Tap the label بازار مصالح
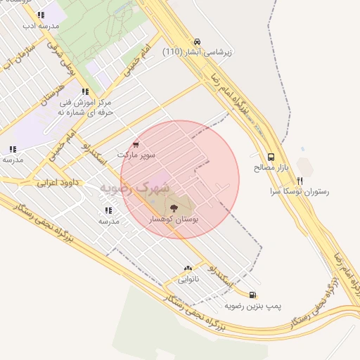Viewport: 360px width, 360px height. tap(271, 169)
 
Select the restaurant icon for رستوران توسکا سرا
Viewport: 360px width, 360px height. tap(300, 180)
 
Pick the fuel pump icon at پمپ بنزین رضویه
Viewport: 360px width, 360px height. tap(252, 295)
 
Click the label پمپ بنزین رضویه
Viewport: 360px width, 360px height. tap(252, 307)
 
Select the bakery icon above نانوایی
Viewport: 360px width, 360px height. tap(188, 269)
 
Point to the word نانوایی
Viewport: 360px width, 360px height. tap(188, 279)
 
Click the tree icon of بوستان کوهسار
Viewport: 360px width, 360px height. tap(174, 208)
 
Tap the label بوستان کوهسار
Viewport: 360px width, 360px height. tap(174, 220)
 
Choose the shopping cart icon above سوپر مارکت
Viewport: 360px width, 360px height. tap(136, 143)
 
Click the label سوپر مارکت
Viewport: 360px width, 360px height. tap(136, 153)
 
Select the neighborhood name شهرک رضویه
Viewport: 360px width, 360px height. tap(134, 188)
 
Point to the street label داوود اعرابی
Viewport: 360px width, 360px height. tap(60, 182)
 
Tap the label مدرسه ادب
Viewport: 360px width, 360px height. tap(39, 25)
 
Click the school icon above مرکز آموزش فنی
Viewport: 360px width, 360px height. tap(84, 91)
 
